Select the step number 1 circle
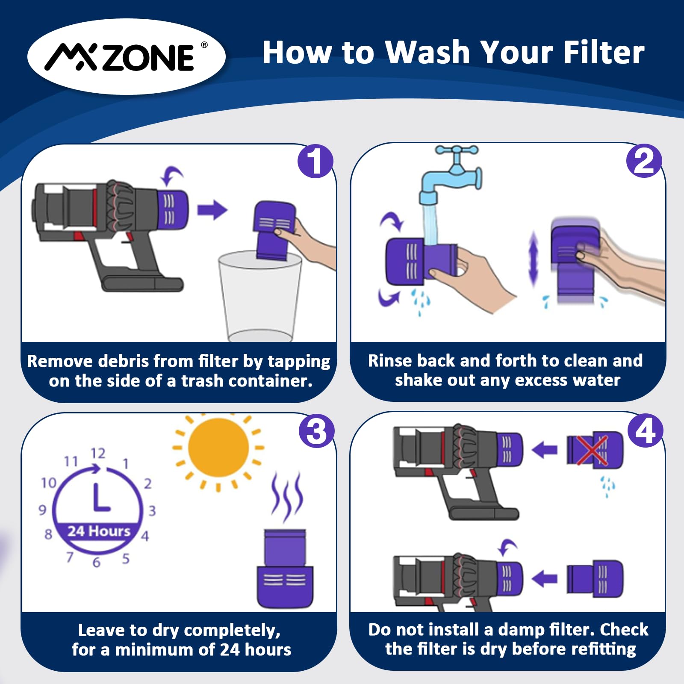click(x=315, y=161)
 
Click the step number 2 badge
click(x=644, y=161)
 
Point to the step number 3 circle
click(x=316, y=430)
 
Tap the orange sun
click(x=218, y=448)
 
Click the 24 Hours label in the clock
click(x=99, y=531)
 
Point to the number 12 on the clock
click(x=98, y=453)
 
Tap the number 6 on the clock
click(x=97, y=562)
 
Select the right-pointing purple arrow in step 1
click(x=212, y=210)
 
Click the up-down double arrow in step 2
click(x=533, y=259)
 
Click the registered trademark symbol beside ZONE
click(x=204, y=45)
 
